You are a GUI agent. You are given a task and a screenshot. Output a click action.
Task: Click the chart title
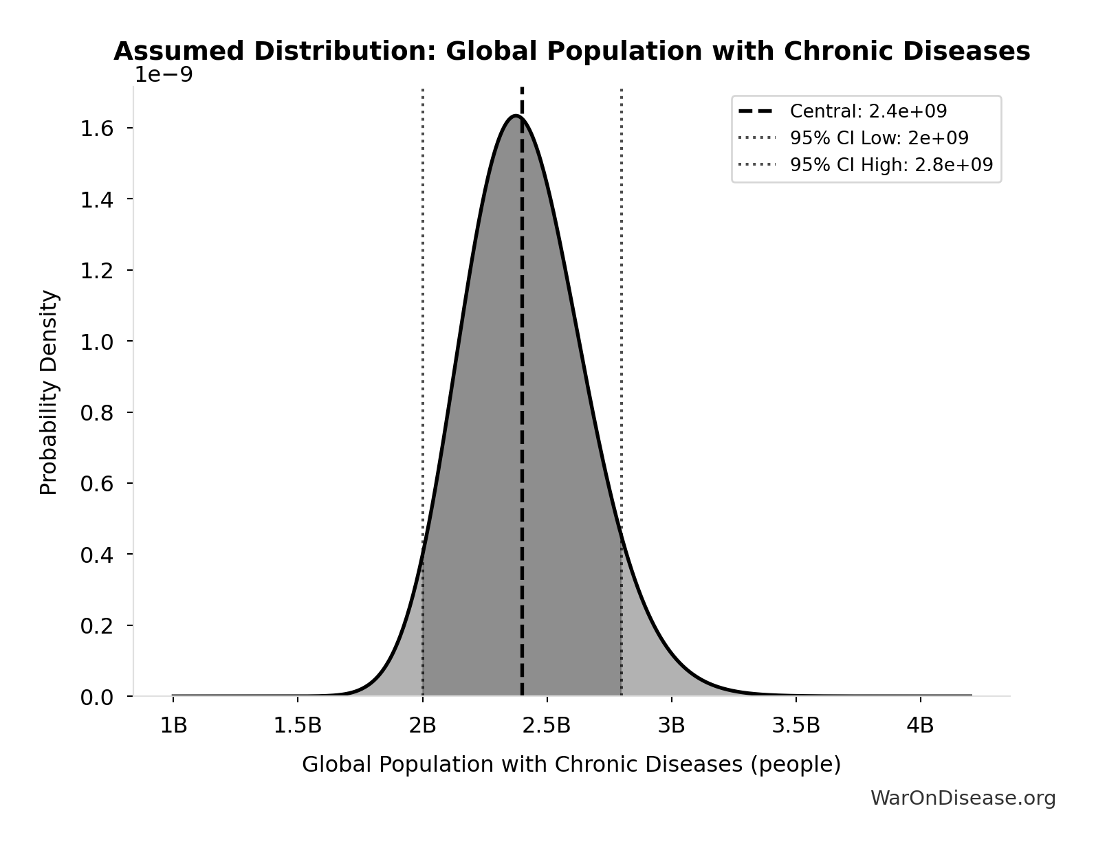point(571,52)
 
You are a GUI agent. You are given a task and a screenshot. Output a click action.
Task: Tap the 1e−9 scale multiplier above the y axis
point(163,75)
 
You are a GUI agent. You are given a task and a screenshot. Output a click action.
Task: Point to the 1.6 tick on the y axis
point(96,129)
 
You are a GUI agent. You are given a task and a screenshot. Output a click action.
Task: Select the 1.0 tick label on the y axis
point(96,342)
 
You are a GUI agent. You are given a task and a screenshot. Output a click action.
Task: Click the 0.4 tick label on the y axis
point(96,555)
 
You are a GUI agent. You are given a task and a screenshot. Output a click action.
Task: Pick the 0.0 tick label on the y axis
point(96,698)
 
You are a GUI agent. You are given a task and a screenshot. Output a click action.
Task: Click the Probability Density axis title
point(49,392)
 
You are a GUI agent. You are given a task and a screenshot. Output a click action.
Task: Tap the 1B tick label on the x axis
point(173,726)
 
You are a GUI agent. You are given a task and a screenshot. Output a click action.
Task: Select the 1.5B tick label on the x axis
point(298,726)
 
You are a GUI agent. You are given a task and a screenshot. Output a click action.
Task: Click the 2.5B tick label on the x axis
point(547,726)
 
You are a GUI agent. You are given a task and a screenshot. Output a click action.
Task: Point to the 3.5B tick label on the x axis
point(796,726)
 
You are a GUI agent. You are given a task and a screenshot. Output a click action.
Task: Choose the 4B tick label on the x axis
point(920,726)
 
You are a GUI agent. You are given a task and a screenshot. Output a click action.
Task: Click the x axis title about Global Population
point(571,765)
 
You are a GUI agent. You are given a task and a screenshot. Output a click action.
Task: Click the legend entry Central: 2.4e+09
point(868,111)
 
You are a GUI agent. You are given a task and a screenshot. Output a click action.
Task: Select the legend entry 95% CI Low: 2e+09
point(879,138)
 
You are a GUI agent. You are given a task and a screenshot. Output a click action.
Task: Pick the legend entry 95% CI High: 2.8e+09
point(890,165)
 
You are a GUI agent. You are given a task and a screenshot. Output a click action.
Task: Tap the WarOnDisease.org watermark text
point(963,799)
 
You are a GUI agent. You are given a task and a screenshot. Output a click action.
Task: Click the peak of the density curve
point(516,116)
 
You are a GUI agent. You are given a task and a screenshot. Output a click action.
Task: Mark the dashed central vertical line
point(523,412)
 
